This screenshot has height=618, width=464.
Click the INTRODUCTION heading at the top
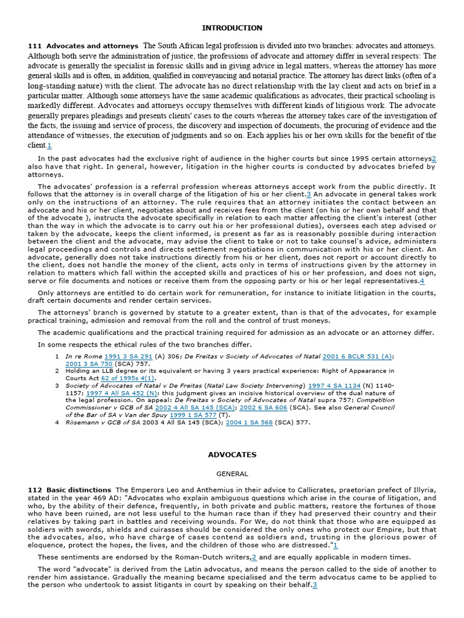tap(232, 28)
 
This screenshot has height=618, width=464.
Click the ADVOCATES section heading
tap(232, 454)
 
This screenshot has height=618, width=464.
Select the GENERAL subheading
tap(232, 474)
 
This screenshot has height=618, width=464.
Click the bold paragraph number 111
tap(34, 46)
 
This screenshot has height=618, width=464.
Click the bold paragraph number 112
tap(34, 489)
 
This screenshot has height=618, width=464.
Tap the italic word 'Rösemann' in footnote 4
tap(85, 422)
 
